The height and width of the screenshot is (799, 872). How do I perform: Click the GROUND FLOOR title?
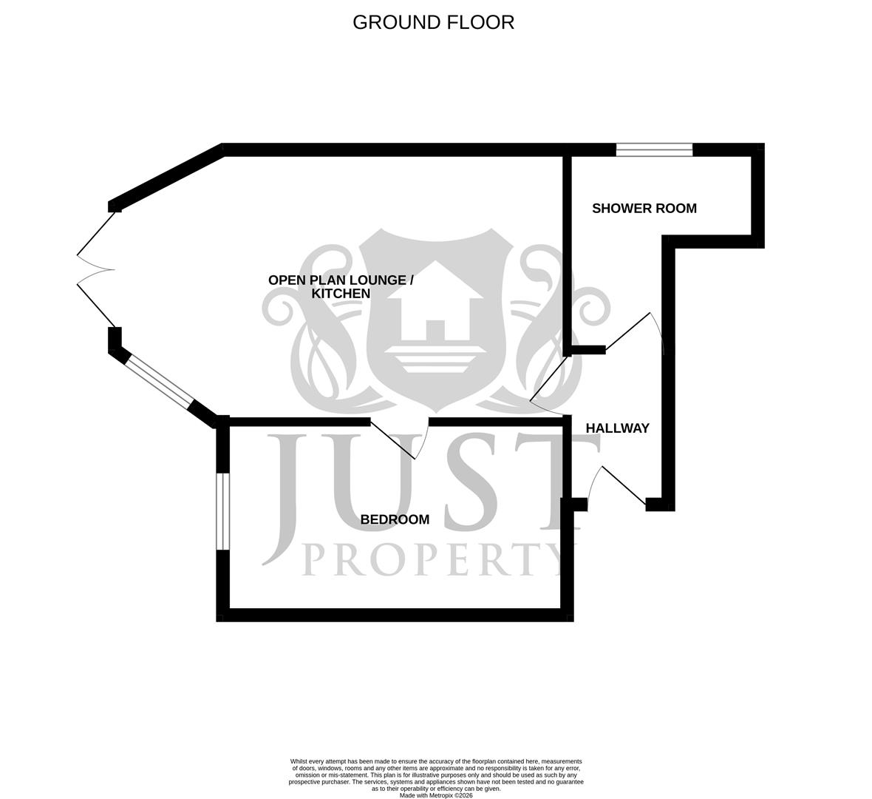tap(433, 22)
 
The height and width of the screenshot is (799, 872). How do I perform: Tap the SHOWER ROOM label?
tap(644, 209)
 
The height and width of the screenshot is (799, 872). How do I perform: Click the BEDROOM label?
tap(395, 519)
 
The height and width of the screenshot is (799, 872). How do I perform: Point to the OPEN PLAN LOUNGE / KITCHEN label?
tap(341, 286)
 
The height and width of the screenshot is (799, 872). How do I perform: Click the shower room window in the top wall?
tap(654, 150)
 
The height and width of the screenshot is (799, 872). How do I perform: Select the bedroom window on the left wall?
tap(222, 511)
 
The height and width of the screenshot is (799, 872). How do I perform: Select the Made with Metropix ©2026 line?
tap(436, 795)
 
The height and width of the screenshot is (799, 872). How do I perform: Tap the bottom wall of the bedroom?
tap(395, 614)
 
